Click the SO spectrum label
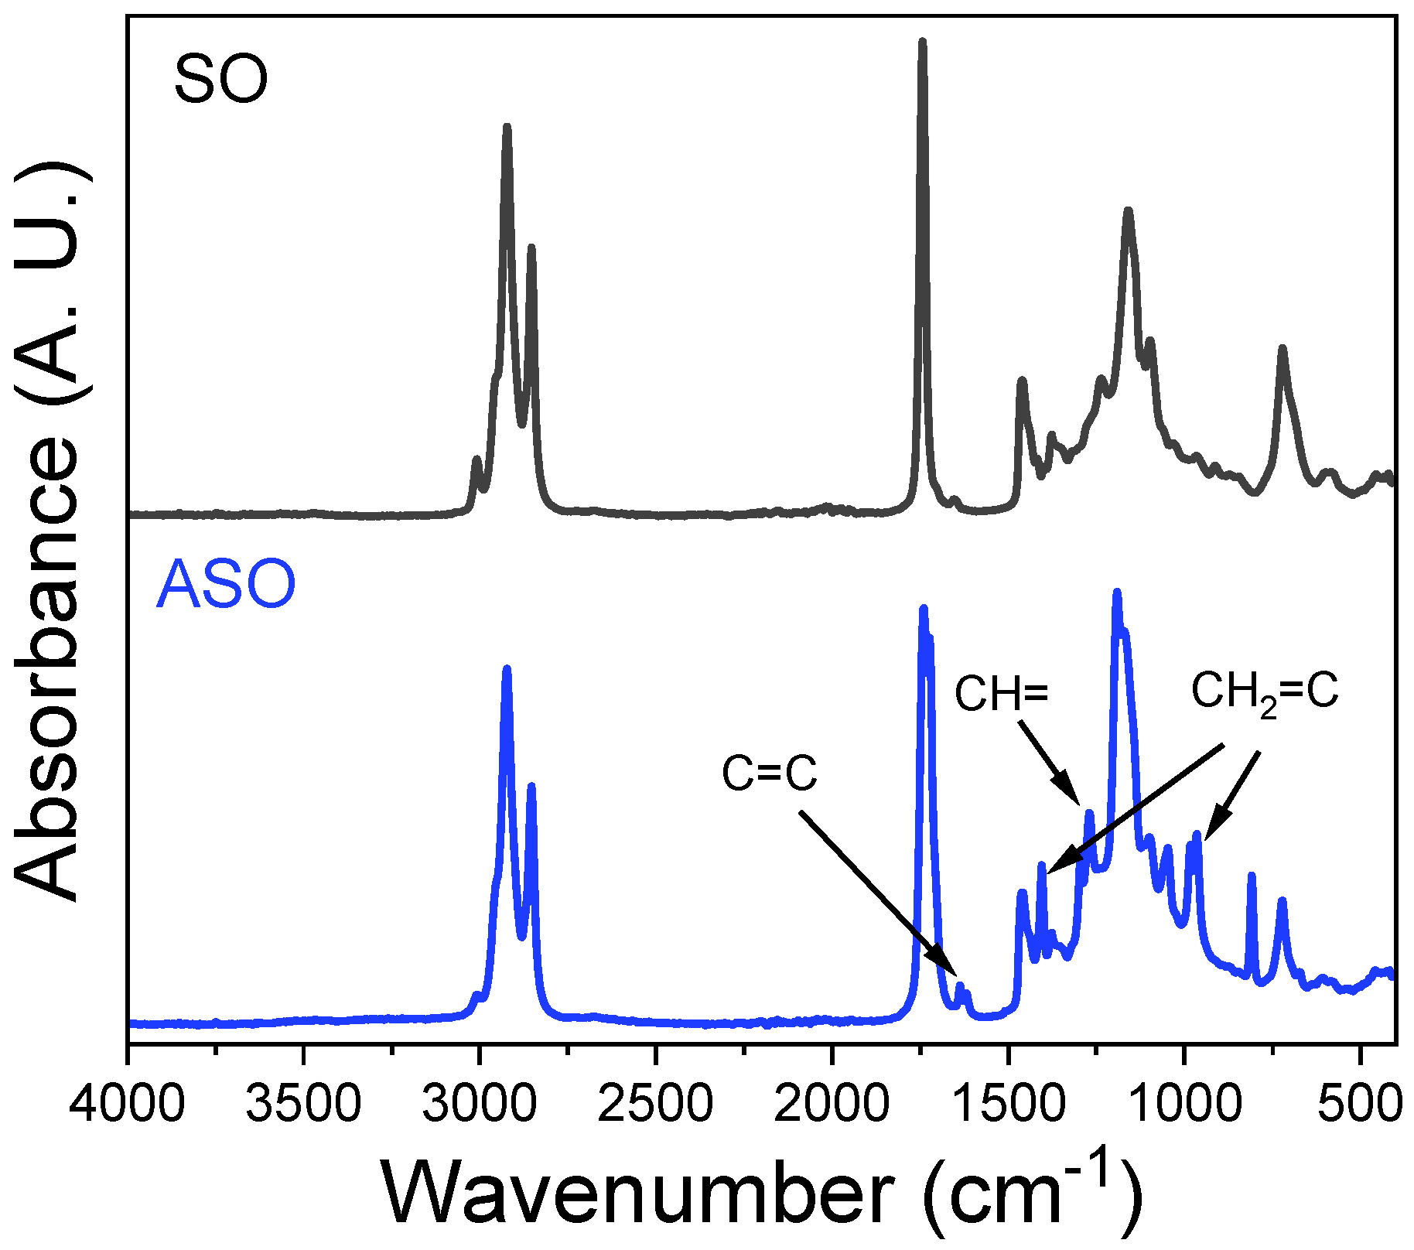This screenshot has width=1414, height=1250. (221, 79)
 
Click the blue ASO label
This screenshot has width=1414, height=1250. (226, 585)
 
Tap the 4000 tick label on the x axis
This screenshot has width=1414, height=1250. (128, 1105)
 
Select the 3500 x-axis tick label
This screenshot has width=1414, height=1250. (303, 1105)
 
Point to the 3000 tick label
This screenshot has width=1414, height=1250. (480, 1105)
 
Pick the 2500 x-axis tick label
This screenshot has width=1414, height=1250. (656, 1105)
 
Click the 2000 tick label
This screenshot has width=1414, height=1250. (832, 1105)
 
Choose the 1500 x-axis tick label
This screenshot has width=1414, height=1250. (1007, 1105)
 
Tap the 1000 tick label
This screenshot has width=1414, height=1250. (1183, 1105)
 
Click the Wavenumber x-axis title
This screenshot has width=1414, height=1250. (762, 1195)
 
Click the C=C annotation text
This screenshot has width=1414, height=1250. (770, 773)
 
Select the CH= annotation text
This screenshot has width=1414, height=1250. (1001, 694)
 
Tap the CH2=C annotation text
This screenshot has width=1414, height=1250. (1264, 692)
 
